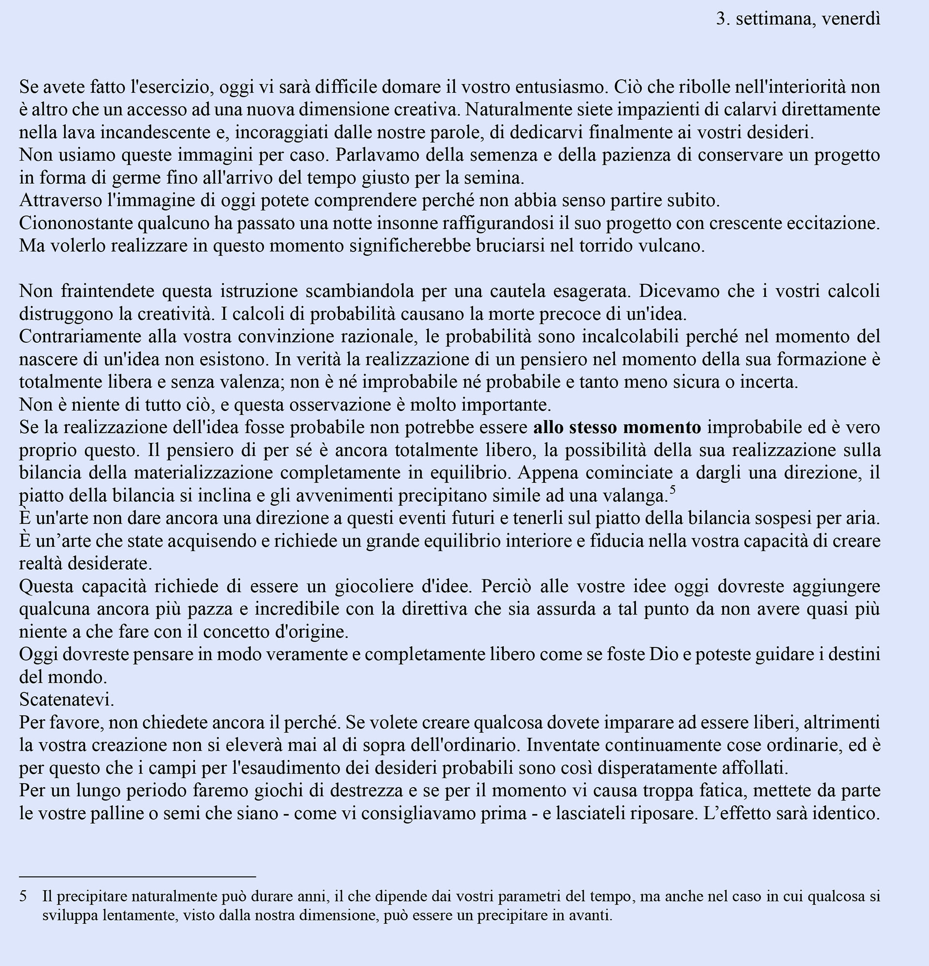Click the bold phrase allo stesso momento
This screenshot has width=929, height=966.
[617, 427]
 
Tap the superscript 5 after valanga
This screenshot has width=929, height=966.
[673, 490]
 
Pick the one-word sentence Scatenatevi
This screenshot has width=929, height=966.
[67, 700]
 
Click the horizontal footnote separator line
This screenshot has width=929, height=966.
[137, 877]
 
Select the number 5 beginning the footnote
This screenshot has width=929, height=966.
[23, 896]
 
